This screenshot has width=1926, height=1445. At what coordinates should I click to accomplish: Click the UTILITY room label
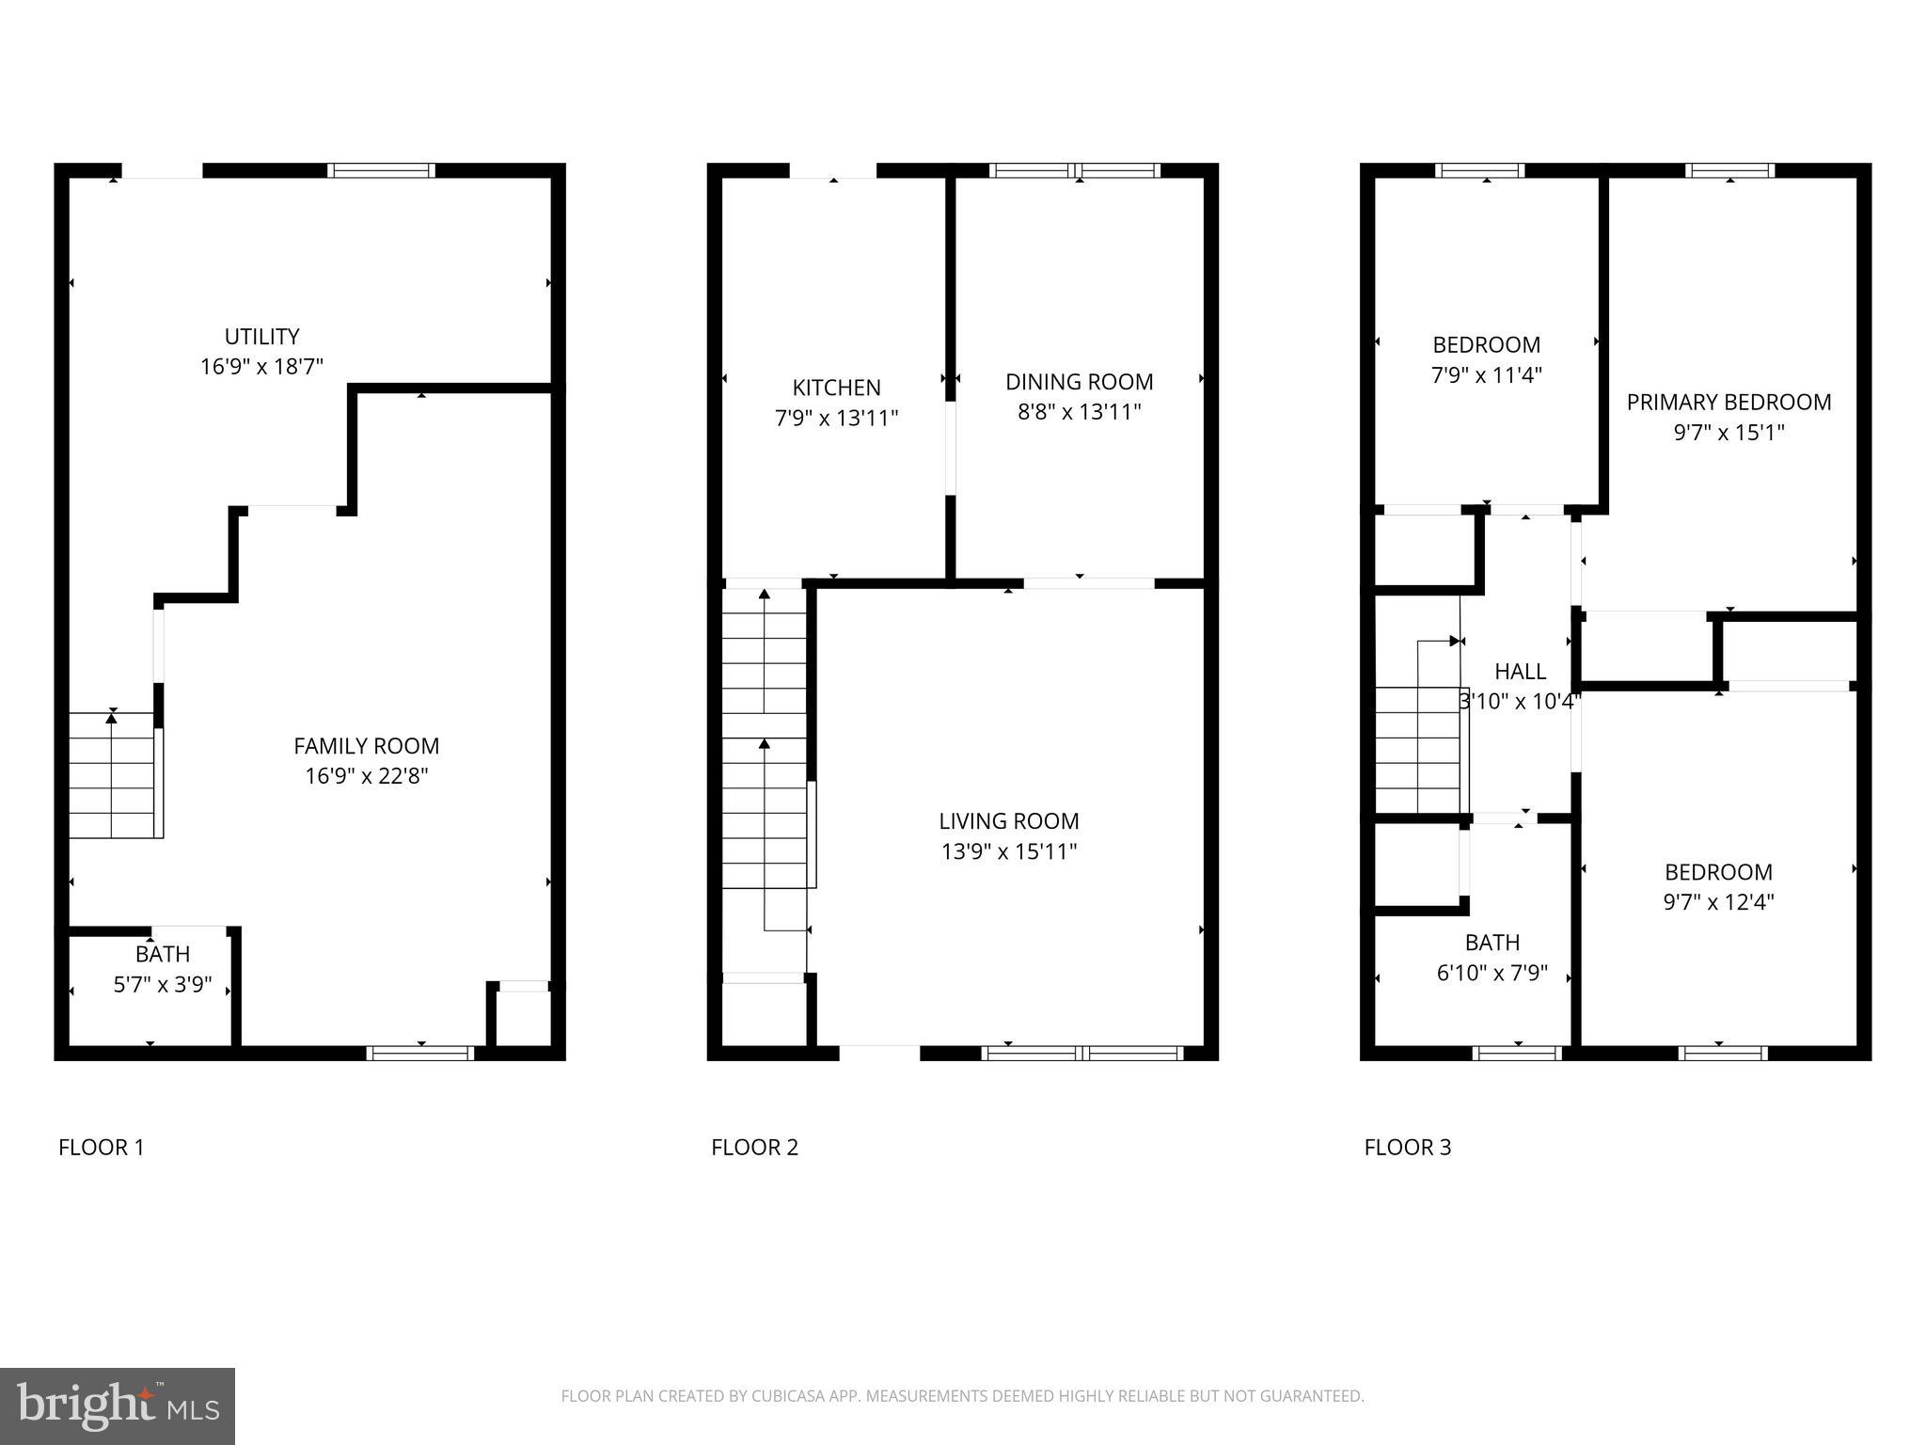click(261, 337)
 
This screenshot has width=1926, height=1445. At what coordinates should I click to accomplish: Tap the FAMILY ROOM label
click(366, 746)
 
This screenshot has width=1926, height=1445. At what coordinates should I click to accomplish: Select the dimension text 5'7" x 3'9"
click(163, 985)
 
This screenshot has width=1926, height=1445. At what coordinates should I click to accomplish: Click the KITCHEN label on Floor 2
click(836, 388)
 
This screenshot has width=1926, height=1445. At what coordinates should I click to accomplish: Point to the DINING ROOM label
click(1079, 382)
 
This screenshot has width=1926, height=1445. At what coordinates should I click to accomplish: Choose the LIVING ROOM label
click(1008, 821)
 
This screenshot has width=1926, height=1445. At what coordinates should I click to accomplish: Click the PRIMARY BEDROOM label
click(1729, 403)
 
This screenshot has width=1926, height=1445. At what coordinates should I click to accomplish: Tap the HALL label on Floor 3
click(1520, 672)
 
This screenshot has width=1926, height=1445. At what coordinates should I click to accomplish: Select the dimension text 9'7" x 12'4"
click(1718, 902)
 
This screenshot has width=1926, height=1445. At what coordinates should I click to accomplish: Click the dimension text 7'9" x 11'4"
click(1486, 375)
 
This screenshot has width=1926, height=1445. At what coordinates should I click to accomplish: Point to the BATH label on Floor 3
click(1492, 943)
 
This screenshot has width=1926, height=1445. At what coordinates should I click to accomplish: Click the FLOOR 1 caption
click(102, 1148)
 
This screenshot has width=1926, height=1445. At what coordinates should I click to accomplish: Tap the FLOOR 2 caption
click(754, 1148)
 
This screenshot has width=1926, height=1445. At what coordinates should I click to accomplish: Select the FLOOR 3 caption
click(1408, 1148)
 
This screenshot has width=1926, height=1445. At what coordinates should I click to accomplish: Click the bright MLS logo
click(118, 1405)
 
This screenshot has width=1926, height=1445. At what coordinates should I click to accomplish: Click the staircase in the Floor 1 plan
click(113, 775)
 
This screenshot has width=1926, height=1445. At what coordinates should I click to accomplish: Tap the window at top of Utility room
click(381, 170)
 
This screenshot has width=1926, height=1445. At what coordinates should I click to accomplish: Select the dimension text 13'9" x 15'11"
click(1008, 851)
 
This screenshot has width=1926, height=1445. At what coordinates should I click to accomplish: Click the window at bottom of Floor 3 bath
click(1517, 1054)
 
